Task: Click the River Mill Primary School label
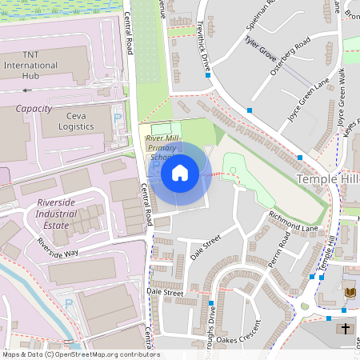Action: [x=162, y=147]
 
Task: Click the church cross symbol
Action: [x=346, y=328]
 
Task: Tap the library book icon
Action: [x=350, y=294]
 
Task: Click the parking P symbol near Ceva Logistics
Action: [x=118, y=118]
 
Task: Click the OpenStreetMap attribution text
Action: [x=80, y=354]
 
